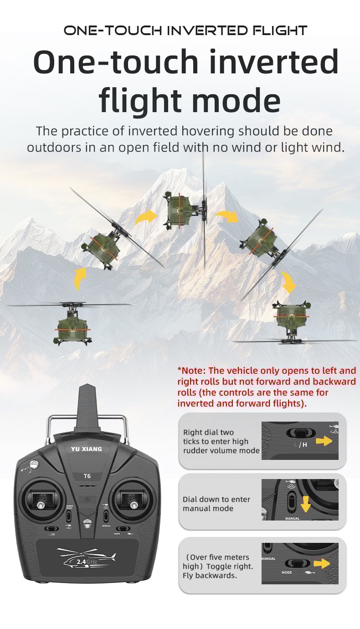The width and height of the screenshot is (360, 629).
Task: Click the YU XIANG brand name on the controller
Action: point(87,449)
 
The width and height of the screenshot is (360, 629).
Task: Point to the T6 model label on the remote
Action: point(87,476)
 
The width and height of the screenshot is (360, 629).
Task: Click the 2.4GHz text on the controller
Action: point(87,562)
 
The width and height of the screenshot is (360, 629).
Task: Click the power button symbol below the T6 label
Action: point(87,500)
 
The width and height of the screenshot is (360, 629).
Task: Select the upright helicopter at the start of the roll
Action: point(72,323)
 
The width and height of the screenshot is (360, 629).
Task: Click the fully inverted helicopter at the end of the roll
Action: point(292,323)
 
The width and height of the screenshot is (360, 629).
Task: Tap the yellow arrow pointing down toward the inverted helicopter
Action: point(288,282)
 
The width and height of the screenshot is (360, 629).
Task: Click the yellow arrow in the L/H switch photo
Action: point(324,441)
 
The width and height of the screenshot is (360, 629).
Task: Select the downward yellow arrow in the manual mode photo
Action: point(305,504)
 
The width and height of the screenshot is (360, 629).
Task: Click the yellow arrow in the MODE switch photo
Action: point(322,563)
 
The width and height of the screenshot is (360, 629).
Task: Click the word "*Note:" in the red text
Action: point(191,371)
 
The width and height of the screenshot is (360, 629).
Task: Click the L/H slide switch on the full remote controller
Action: point(51,529)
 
